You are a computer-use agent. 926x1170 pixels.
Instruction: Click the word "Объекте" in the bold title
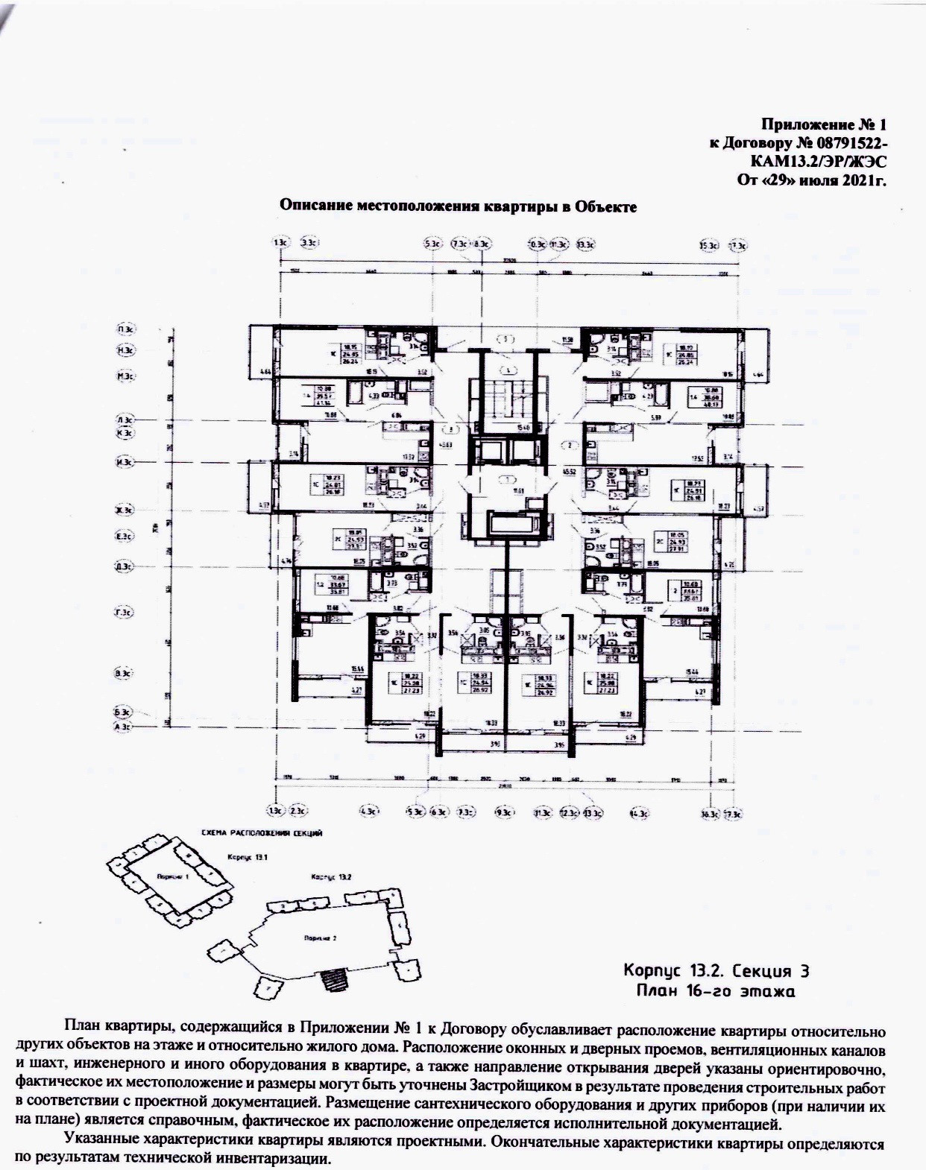[605, 206]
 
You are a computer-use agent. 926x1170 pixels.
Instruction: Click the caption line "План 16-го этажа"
[716, 991]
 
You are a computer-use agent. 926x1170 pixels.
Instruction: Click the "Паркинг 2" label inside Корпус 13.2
[320, 938]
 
